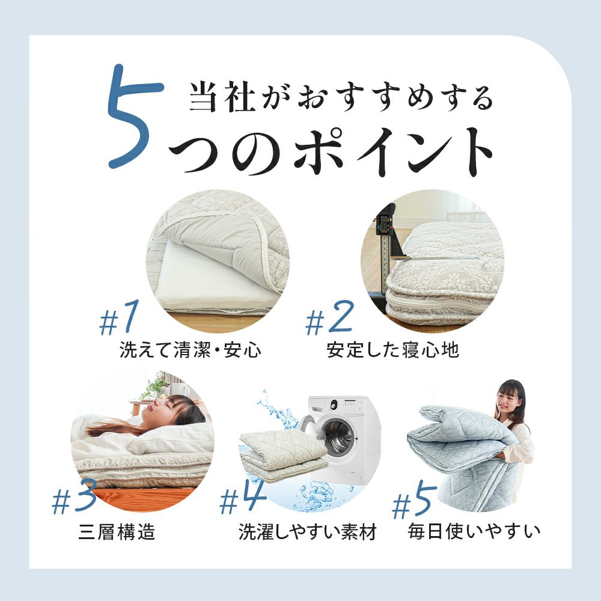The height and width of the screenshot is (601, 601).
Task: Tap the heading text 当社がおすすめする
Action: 341,98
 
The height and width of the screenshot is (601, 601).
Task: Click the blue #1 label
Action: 118,318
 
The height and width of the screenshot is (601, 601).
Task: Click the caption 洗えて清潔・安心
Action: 191,350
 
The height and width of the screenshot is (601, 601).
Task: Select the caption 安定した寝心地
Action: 393,350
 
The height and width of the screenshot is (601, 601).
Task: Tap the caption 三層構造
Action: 117,532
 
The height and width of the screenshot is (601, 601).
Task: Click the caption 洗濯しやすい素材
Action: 307,532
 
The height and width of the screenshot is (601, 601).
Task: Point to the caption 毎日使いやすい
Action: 474,531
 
